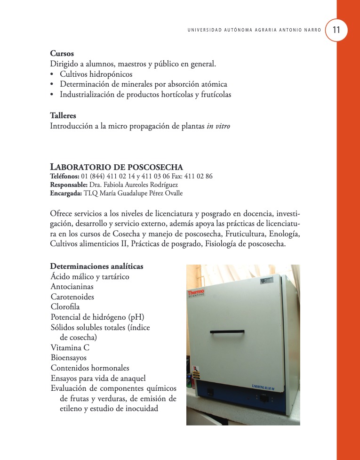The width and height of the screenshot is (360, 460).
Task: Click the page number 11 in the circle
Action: [336, 30]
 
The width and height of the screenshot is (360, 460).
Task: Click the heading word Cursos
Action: [62, 54]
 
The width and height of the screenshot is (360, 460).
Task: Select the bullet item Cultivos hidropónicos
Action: [96, 74]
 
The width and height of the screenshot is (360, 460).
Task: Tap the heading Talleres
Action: [63, 115]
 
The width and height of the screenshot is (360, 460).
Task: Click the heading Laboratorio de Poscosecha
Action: [116, 167]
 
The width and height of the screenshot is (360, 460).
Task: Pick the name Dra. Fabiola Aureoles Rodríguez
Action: [133, 185]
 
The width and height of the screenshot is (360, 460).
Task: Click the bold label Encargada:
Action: [65, 193]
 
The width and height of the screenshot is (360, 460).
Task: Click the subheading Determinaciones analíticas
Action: [96, 266]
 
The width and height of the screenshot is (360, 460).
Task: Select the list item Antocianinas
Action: [72, 287]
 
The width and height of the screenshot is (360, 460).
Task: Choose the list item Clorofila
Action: [65, 307]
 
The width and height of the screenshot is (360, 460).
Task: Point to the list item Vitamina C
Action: [70, 348]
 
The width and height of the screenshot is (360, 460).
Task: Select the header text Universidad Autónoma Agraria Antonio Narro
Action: [254, 30]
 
